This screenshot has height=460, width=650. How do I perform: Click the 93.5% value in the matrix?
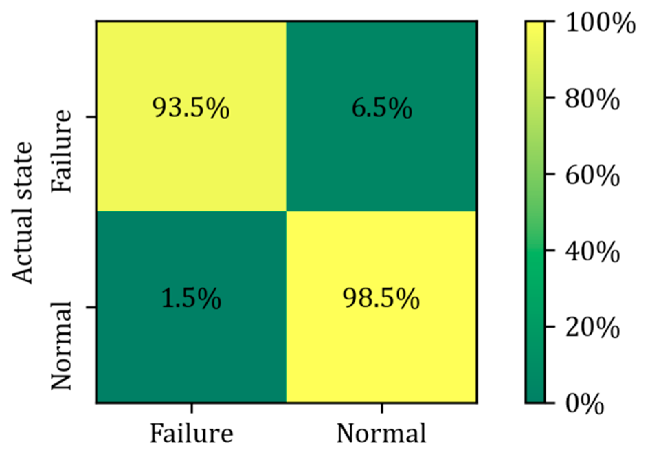pyautogui.click(x=191, y=108)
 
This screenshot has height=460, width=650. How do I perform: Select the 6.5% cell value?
pyautogui.click(x=381, y=108)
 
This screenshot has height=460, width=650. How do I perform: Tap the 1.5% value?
pyautogui.click(x=191, y=298)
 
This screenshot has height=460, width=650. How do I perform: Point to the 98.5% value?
pyautogui.click(x=381, y=298)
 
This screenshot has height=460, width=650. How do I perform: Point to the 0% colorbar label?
pyautogui.click(x=584, y=404)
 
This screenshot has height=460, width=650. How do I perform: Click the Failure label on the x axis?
pyautogui.click(x=191, y=433)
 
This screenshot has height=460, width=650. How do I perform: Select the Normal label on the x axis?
pyautogui.click(x=381, y=433)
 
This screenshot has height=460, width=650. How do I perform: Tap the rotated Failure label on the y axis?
pyautogui.click(x=62, y=151)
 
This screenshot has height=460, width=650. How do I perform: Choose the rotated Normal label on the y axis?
pyautogui.click(x=62, y=346)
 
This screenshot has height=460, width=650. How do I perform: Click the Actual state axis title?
pyautogui.click(x=23, y=213)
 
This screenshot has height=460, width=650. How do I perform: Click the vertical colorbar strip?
pyautogui.click(x=535, y=212)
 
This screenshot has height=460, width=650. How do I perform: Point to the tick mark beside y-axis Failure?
pyautogui.click(x=91, y=117)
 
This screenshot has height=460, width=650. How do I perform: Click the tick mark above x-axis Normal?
pyautogui.click(x=382, y=408)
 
